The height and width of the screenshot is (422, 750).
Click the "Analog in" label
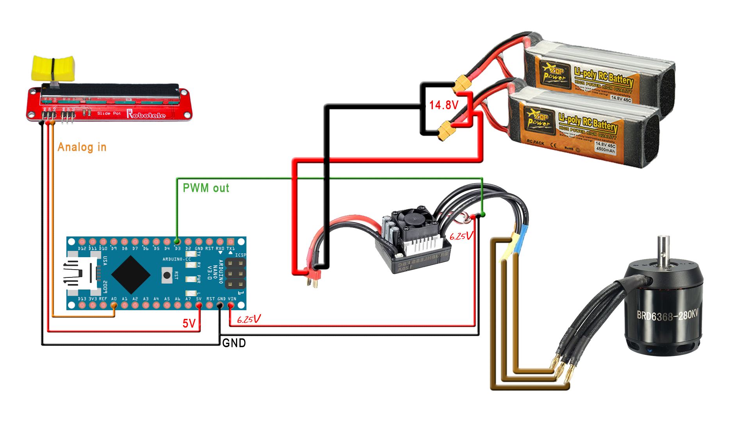click(82, 147)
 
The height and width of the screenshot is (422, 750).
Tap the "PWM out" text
click(206, 188)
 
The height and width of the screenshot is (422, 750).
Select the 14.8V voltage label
click(444, 105)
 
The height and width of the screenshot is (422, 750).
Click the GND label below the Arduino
click(234, 343)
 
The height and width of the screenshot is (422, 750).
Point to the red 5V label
click(189, 323)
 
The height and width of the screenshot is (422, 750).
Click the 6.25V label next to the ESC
click(461, 236)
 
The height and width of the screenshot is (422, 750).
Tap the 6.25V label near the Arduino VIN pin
click(249, 319)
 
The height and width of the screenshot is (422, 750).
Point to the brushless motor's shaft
click(663, 250)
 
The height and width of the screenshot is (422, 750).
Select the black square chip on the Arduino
click(131, 275)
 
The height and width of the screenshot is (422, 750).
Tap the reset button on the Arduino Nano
click(167, 275)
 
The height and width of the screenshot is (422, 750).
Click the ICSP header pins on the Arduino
click(235, 274)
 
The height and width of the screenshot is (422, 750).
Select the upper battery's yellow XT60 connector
click(463, 82)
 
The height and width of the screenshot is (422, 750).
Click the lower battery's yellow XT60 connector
click(445, 131)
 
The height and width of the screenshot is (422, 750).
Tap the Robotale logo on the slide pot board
click(146, 114)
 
